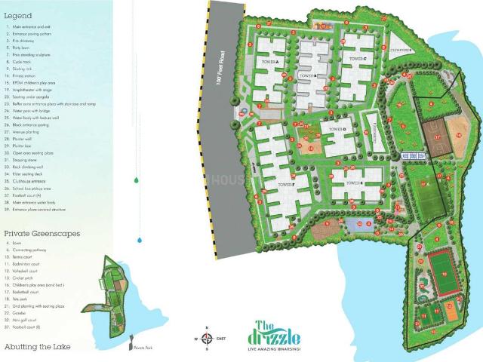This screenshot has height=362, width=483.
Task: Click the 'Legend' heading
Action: click(19, 15)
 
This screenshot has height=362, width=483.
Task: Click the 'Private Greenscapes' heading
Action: click(42, 235)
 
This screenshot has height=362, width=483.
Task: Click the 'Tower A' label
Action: click(271, 61)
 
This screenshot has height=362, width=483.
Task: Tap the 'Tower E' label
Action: click(353, 182)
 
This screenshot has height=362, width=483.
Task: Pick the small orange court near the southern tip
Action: click(451, 306)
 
